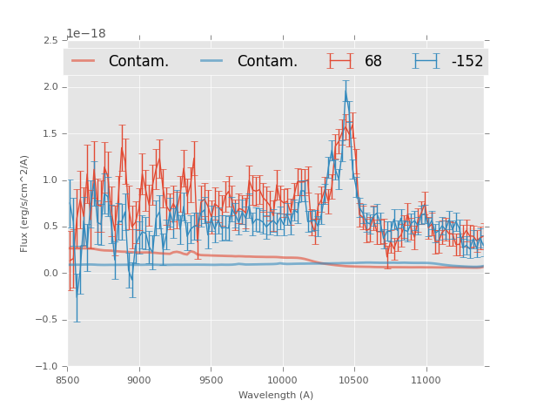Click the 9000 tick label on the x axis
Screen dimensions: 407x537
coord(139,380)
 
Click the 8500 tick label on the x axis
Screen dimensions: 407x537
coord(68,380)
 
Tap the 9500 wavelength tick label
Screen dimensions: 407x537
coord(211,380)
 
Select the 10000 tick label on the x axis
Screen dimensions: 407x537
coord(282,380)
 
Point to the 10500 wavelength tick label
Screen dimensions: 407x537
coord(353,380)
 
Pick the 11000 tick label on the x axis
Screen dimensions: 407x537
coord(425,380)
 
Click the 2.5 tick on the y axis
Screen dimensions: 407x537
coord(50,41)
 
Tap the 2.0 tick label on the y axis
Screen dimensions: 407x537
coord(50,87)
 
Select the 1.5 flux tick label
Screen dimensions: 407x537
coord(50,134)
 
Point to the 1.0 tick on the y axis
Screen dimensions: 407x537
coord(50,180)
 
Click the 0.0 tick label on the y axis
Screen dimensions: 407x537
coord(50,274)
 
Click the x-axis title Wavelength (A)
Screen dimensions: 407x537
coord(276,396)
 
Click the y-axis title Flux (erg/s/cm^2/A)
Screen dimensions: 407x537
coord(24,203)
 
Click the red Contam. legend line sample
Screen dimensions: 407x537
coord(83,60)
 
